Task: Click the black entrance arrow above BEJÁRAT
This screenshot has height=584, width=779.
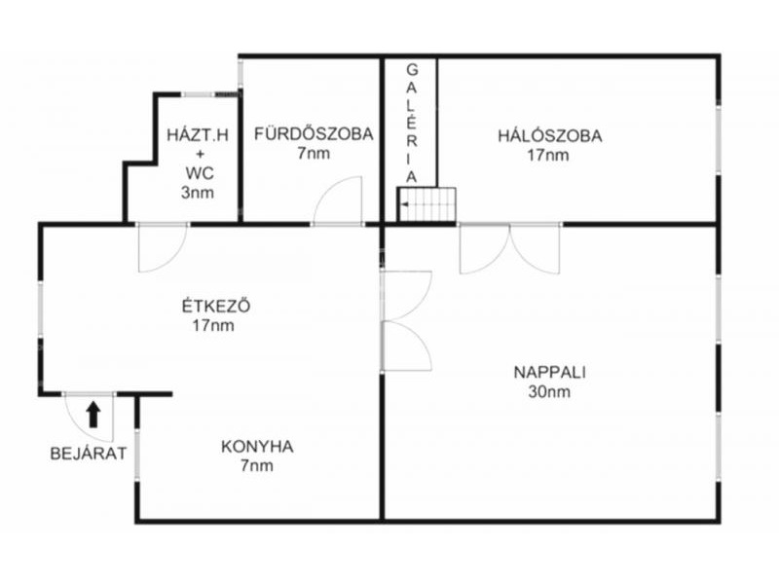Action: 93,415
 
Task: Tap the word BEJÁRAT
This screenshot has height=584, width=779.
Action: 89,454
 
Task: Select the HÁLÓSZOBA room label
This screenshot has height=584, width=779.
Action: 550,135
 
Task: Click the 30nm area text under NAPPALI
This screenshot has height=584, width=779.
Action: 549,392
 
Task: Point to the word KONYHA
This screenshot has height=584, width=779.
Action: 257,447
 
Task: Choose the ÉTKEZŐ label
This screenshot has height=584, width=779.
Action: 215,306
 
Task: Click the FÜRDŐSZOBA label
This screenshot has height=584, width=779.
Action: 314,133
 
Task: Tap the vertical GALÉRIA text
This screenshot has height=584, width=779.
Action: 412,124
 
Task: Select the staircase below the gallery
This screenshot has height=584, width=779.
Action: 427,204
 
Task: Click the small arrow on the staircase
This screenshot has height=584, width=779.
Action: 405,204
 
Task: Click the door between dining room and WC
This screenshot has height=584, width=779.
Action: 163,247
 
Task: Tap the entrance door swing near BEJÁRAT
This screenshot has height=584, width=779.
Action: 90,418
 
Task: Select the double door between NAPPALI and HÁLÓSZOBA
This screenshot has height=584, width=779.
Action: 510,248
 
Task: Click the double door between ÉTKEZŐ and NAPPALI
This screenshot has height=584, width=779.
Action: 406,321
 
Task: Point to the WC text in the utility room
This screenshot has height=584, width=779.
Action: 201,173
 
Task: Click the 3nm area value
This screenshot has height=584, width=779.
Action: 198,193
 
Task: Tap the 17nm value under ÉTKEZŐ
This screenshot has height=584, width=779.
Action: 213,326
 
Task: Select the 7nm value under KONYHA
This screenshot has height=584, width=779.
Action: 257,466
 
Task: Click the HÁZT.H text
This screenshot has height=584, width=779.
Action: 198,135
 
